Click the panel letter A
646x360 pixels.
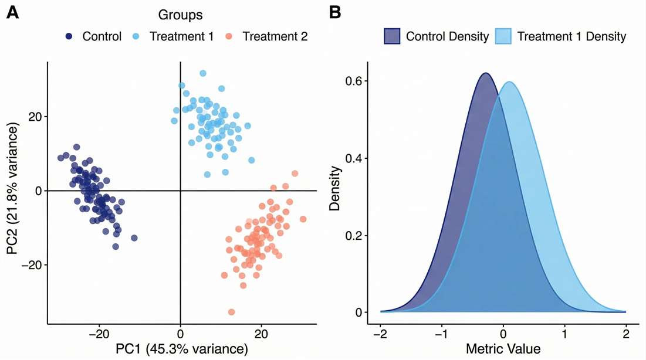point(12,13)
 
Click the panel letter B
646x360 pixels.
point(335,13)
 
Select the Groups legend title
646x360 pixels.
point(180,13)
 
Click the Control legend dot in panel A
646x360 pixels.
point(69,36)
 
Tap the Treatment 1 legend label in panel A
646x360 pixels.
point(181,36)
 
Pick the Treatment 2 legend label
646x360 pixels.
point(275,36)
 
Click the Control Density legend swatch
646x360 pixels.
point(393,36)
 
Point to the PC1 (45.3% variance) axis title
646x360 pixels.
point(181,349)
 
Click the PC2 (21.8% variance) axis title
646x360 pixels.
point(13,191)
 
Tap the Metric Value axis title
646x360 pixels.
point(503,349)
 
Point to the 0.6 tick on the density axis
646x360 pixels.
point(356,81)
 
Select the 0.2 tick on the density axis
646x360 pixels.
point(356,236)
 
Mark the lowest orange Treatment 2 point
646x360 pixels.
point(231,312)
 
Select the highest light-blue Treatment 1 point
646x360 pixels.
point(203,73)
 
